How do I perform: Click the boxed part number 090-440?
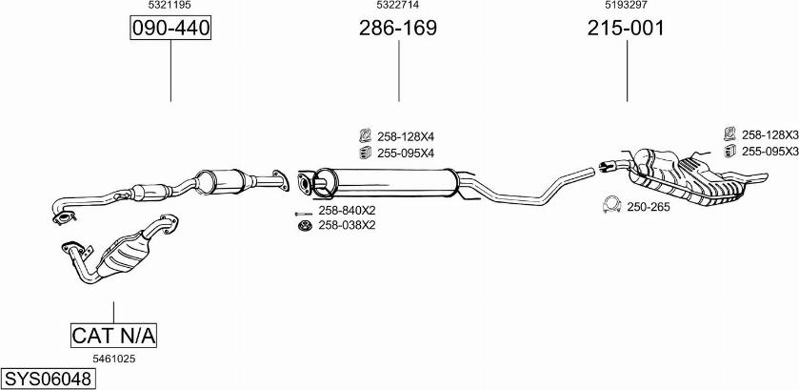pos(170,29)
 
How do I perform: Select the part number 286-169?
pos(398,29)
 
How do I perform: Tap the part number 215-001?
pos(625,29)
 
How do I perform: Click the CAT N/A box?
pos(113,336)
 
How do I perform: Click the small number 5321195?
pos(170,6)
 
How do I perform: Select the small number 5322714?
pos(398,6)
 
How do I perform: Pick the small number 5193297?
pos(625,6)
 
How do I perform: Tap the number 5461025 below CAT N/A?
pos(113,359)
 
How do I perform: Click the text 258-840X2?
pos(347,211)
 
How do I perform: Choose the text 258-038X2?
pos(347,225)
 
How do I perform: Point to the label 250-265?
pos(649,206)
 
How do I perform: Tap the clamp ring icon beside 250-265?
pos(612,205)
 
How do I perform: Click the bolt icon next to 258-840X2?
pos(304,211)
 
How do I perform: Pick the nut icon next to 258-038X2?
pos(305,225)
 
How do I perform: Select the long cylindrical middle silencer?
pos(390,179)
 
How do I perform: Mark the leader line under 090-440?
pos(170,71)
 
